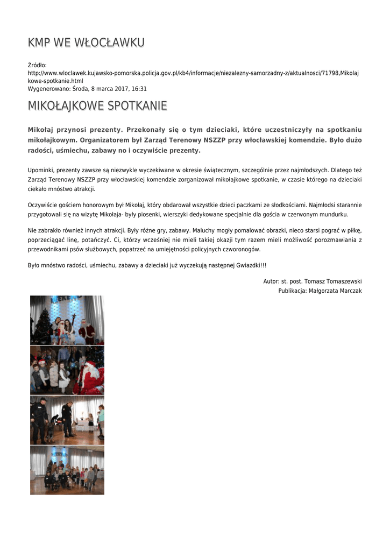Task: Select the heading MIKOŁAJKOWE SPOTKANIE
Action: coord(97,106)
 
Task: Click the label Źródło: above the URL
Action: coord(38,65)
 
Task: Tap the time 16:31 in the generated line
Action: coord(139,89)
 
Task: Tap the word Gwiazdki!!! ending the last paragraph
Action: coord(251,266)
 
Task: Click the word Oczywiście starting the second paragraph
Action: coord(42,205)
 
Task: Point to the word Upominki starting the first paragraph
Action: coord(40,170)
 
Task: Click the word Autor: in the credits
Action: coord(271,281)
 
